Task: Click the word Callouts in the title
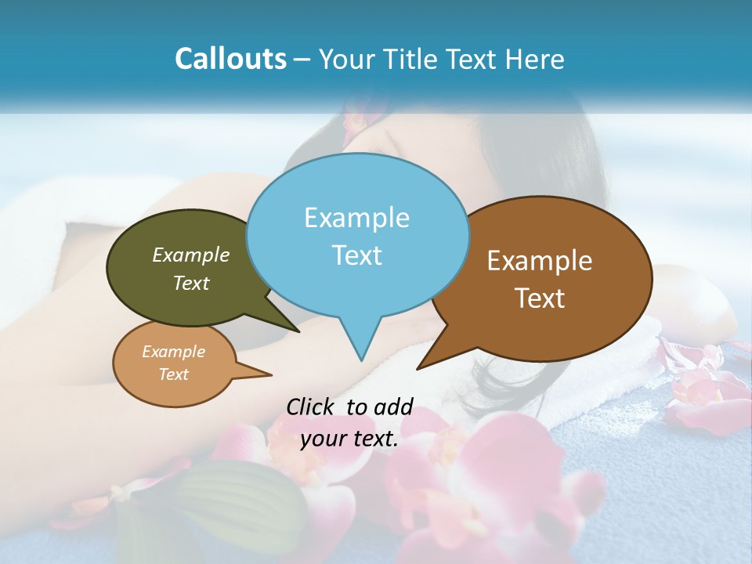point(230,59)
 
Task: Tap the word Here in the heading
point(534,59)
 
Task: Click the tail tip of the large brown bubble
point(419,367)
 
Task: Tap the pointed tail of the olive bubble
point(298,331)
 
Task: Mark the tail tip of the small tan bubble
point(270,375)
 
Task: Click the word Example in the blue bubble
point(356,218)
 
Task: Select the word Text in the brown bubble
point(540,298)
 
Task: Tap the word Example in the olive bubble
point(191,255)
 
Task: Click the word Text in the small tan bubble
point(174,374)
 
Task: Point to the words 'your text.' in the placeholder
point(349,439)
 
